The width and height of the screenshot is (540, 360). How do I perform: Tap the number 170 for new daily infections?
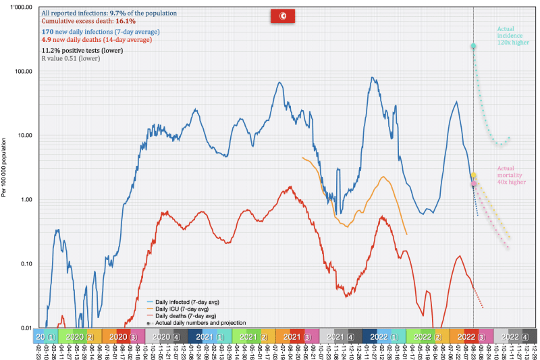(x=48, y=32)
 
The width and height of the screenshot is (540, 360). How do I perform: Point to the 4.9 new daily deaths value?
(x=47, y=40)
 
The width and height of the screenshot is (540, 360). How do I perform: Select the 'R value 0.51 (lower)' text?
(x=70, y=59)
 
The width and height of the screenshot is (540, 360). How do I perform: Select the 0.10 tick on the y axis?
(x=26, y=264)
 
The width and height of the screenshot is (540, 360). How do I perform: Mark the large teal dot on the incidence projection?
(x=473, y=47)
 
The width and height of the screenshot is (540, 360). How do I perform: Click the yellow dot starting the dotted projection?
(x=474, y=175)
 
